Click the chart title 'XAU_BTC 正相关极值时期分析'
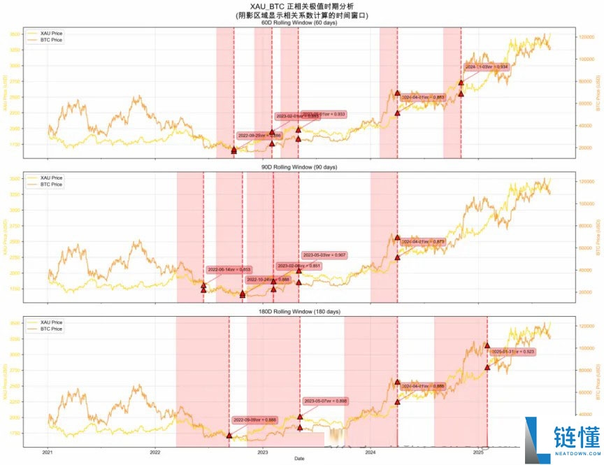302,6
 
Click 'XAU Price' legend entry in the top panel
46,33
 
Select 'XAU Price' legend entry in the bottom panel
46,322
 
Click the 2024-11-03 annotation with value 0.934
487,67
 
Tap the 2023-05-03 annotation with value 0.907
324,255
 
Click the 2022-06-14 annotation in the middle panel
229,269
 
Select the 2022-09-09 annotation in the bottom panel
256,420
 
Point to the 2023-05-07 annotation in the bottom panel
325,401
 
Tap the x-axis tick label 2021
48,452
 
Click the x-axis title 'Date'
299,459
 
